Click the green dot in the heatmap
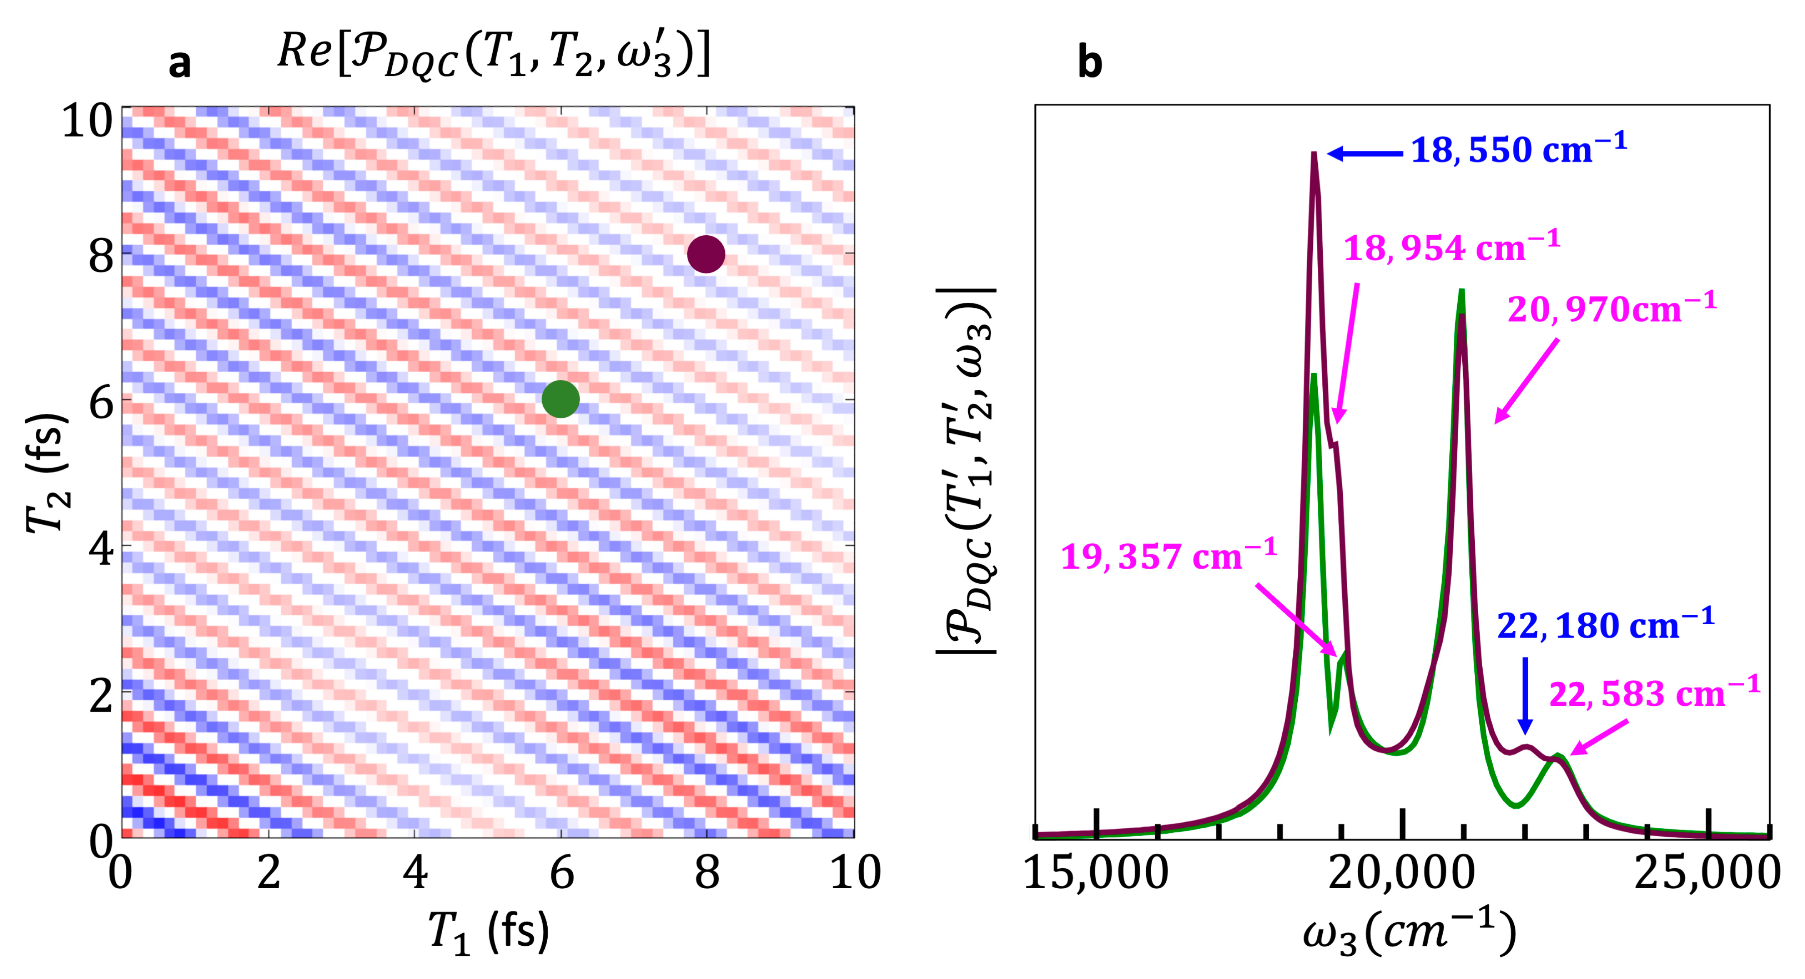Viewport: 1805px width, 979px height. coord(561,399)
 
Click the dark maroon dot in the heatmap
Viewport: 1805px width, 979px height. coord(706,254)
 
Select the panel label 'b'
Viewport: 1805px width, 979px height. coord(1089,63)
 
